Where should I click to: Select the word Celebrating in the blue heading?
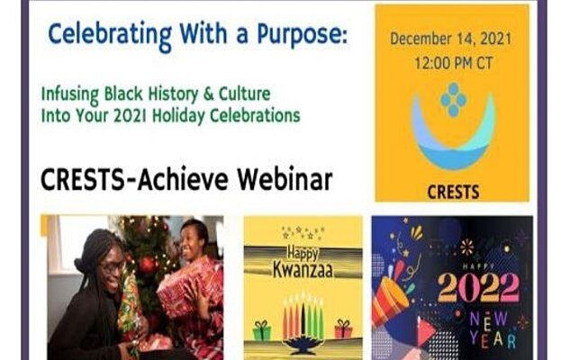coord(110,36)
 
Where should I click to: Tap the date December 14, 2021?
coord(450,39)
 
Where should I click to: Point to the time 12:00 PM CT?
coord(453,64)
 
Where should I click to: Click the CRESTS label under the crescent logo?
coord(453,193)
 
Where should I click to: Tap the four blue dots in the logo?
coord(453,100)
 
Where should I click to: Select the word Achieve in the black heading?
coord(183,179)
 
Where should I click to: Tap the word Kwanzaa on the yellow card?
coord(303,270)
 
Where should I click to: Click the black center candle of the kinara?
coord(303,318)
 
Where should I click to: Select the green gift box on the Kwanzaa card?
coord(262,330)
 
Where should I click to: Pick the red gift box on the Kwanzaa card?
coord(343,328)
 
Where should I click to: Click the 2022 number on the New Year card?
coord(479,288)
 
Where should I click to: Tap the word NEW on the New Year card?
coord(488,319)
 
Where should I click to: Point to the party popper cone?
coord(390,302)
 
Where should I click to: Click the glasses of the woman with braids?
coord(112,267)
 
